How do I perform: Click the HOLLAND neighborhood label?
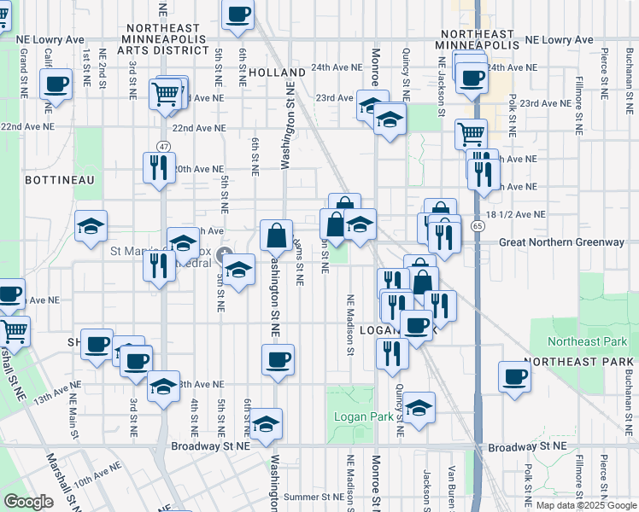[x=278, y=73]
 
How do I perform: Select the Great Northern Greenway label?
[x=561, y=242]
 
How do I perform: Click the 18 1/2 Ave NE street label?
[x=519, y=215]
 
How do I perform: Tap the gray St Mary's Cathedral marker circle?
[x=226, y=254]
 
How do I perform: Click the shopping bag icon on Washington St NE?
[x=278, y=235]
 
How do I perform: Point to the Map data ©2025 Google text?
[x=585, y=504]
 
